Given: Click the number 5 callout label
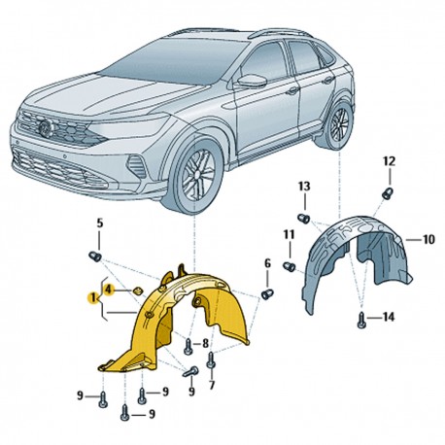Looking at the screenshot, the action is [100, 223].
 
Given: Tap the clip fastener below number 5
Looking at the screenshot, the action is [95, 257].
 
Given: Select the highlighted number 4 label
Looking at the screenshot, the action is [109, 290].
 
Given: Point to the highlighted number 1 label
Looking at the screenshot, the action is [93, 297].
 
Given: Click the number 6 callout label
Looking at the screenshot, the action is [267, 263].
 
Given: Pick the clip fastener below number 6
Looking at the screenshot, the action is [267, 294].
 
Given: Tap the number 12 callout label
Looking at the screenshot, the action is [390, 161].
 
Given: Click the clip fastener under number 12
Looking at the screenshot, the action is [388, 193].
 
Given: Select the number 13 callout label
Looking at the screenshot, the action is [304, 187].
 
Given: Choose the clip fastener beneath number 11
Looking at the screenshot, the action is [290, 267].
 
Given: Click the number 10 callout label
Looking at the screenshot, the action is [428, 240].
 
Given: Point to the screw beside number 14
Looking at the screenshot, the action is [361, 321].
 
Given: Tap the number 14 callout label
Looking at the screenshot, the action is [388, 317].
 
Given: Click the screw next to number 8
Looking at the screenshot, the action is [188, 346].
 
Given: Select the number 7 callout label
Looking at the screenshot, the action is [212, 385].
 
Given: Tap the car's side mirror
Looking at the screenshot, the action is [252, 81].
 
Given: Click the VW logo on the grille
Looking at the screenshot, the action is [46, 128].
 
